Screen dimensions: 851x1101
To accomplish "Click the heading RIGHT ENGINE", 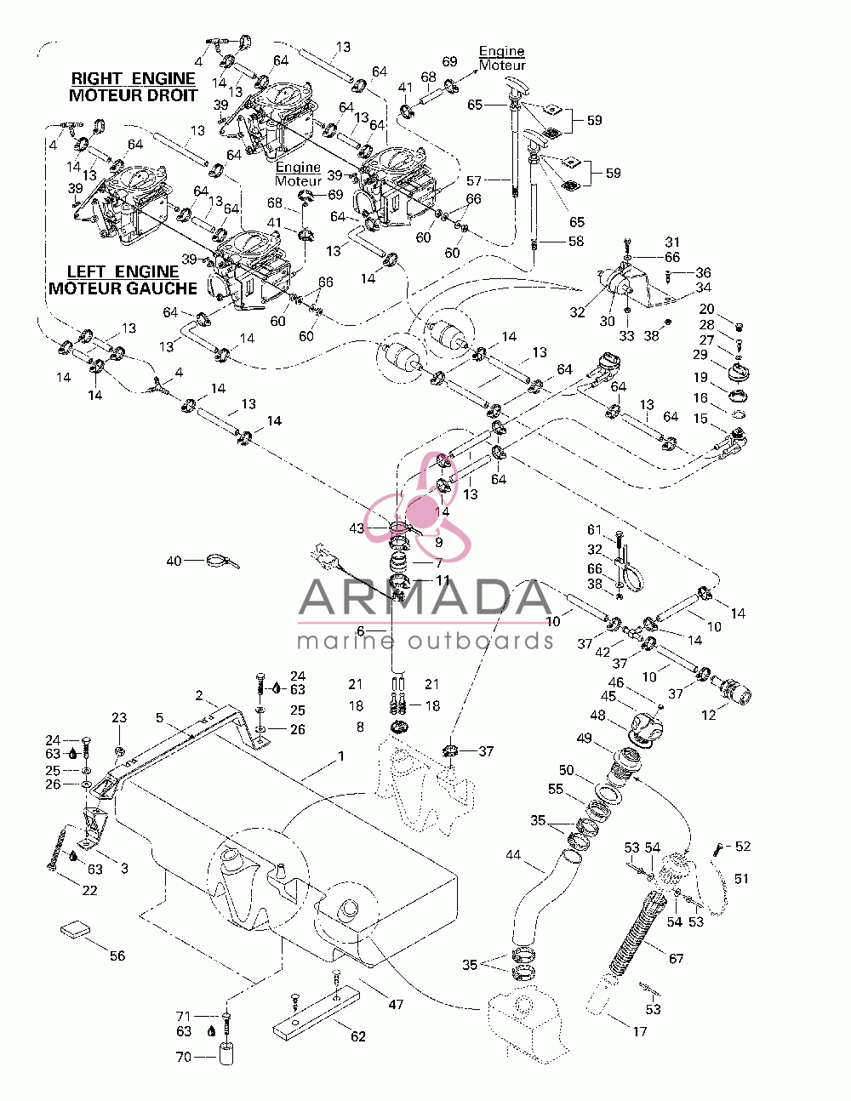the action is tap(134, 78).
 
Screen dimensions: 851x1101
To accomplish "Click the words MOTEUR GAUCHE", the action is tap(123, 288).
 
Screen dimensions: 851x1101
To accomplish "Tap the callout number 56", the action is tap(117, 956).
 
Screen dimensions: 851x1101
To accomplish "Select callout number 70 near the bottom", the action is tap(183, 1057).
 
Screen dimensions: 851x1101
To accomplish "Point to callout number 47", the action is tap(396, 1004).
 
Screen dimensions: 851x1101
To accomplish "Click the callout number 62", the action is tap(358, 1036).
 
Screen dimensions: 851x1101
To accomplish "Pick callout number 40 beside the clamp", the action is tap(174, 561).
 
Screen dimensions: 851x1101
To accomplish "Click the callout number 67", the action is tap(677, 958).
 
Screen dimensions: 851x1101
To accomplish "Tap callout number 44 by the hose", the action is tap(513, 855).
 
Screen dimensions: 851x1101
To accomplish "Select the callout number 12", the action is tap(708, 715).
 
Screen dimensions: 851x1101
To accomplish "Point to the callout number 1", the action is tap(341, 756).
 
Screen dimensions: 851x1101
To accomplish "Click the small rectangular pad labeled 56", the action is tap(76, 930).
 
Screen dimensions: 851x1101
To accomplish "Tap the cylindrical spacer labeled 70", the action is tap(228, 1054).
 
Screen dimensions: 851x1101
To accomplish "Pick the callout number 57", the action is tap(474, 180).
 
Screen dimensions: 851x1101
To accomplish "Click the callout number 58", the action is tap(576, 241).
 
